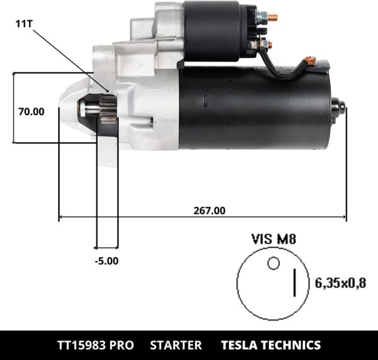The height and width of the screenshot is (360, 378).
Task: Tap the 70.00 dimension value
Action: point(31,112)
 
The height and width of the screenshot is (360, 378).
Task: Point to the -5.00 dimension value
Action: point(106,259)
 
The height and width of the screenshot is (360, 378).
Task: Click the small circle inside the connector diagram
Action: point(273,263)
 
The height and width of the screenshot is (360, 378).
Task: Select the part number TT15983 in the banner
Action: point(80,345)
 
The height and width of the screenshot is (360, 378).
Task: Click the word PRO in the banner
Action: point(120,345)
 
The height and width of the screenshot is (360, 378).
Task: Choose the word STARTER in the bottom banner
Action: point(176,345)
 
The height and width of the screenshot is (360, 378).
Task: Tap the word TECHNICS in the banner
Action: point(293,345)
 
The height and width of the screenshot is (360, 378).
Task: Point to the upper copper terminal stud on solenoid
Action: point(272,18)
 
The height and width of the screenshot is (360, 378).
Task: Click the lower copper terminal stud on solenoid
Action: point(265,44)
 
